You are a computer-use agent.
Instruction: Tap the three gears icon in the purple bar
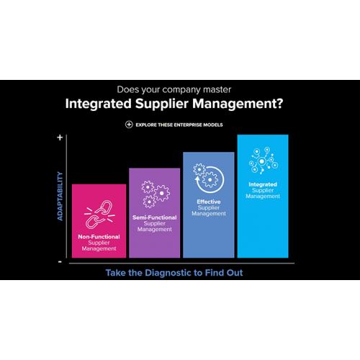pos(155,194)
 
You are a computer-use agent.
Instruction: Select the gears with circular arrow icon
pos(209,179)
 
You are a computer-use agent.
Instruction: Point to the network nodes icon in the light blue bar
pos(264,161)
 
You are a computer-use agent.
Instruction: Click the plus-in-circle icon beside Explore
pos(129,125)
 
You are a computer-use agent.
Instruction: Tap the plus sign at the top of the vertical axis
pos(60,138)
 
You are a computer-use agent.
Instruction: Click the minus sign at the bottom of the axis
pos(60,262)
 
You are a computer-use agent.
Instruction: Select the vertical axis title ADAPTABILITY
pos(60,196)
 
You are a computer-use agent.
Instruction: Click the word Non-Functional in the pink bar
pos(99,237)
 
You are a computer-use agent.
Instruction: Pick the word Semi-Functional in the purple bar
pos(155,217)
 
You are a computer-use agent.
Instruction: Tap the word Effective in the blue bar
pos(209,202)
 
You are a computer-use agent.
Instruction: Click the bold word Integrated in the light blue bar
pos(263,184)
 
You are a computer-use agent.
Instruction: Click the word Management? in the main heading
pos(238,104)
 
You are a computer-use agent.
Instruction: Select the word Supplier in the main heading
pos(161,104)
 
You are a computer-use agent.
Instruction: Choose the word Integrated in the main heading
pos(99,104)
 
